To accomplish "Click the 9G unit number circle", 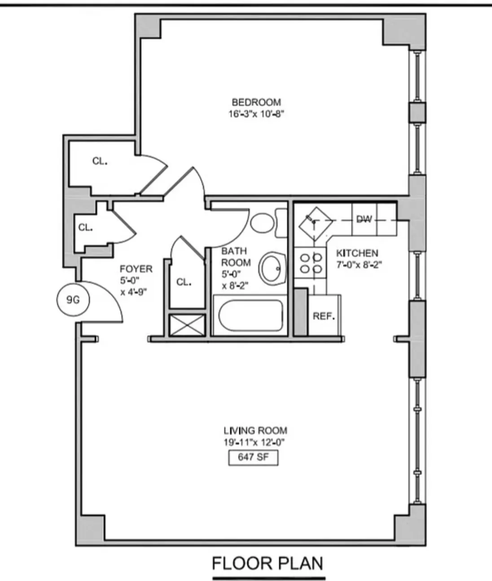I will [73, 299].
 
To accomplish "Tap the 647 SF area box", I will [253, 458].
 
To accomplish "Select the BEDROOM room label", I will [256, 102].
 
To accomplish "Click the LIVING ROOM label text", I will [255, 431].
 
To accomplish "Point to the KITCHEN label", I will [357, 253].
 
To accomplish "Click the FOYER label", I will [136, 269].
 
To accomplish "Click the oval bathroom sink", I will [272, 268].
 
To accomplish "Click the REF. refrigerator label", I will [324, 316].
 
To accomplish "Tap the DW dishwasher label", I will [364, 219].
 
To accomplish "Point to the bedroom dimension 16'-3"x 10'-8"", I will [256, 114].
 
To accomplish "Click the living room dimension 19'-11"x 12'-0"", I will [255, 442].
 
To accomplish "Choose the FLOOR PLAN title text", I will [268, 563].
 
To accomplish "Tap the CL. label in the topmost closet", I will [100, 161].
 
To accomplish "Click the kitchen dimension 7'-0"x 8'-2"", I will [359, 265].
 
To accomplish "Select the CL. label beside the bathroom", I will [184, 282].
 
